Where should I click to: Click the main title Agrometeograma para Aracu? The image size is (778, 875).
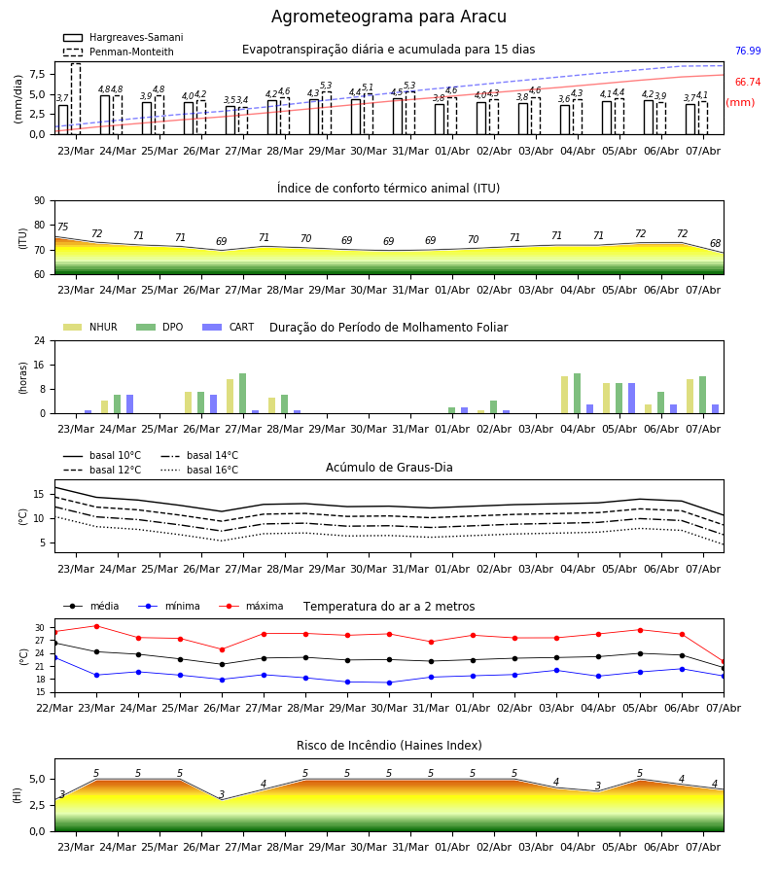(x=388, y=17)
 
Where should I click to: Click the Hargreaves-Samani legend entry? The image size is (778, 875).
(x=123, y=37)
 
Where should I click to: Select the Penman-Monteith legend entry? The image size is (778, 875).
(x=119, y=52)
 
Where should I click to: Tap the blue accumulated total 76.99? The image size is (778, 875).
(x=748, y=51)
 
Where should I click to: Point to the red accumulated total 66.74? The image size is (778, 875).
(x=748, y=82)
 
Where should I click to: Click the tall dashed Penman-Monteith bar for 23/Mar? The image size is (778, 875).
(x=76, y=99)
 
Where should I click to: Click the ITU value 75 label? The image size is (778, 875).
(x=62, y=227)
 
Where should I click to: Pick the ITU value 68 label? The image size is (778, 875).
(x=715, y=243)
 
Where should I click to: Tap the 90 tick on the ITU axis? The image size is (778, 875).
(x=40, y=201)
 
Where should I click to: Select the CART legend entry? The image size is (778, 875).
(x=229, y=327)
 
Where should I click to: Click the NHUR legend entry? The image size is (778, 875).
(x=90, y=327)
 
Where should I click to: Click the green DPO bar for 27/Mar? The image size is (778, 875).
(x=243, y=394)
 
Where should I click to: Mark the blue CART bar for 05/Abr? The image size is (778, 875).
(x=632, y=399)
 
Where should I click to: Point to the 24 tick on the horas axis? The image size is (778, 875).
(x=40, y=340)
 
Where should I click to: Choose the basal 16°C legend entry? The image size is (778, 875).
(x=199, y=470)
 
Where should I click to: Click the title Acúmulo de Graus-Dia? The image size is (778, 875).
(x=389, y=468)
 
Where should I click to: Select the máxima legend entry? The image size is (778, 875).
(x=251, y=606)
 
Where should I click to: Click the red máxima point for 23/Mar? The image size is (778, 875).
(x=96, y=626)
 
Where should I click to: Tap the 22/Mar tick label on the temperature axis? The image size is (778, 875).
(x=54, y=708)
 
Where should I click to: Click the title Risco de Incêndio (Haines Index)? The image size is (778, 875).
(x=389, y=746)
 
